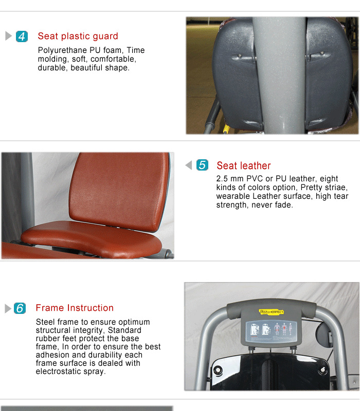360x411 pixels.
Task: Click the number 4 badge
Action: click(x=22, y=36)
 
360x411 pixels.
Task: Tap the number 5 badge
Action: click(x=203, y=165)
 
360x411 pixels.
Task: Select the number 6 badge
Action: click(x=20, y=308)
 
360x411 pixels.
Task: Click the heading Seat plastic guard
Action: click(x=78, y=36)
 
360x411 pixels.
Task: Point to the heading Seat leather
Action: click(x=243, y=165)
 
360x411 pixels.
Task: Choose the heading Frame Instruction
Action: click(x=75, y=308)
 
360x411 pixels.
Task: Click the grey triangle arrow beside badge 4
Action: click(x=8, y=36)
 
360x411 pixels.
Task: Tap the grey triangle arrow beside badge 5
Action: click(x=188, y=165)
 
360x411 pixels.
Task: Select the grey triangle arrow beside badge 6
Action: click(x=8, y=308)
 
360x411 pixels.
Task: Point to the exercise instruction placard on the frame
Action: click(x=272, y=329)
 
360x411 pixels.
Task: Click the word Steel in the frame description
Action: click(x=45, y=322)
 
